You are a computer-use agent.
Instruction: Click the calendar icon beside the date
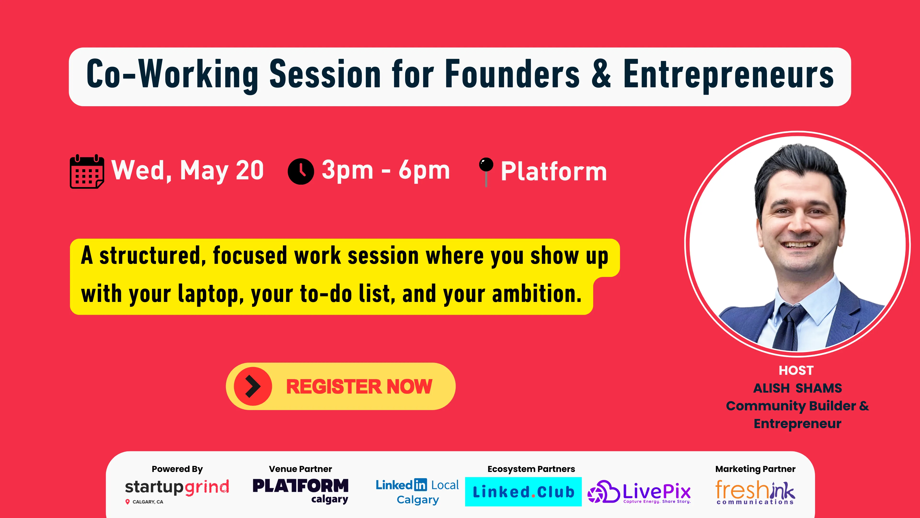87,172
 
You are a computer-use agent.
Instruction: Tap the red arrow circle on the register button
253,386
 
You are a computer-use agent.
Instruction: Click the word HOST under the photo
796,370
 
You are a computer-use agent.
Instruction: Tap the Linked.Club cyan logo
523,492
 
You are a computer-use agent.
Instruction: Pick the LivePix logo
639,492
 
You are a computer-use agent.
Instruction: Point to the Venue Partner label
300,469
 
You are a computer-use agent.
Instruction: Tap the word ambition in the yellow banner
537,294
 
